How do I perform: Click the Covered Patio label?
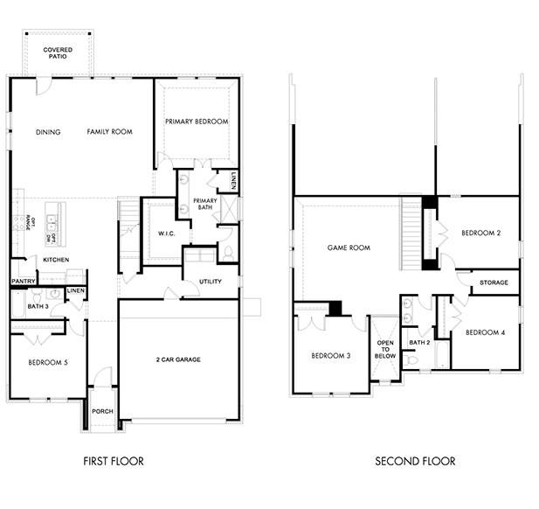click(x=59, y=54)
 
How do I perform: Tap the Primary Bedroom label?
click(x=197, y=122)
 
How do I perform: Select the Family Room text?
click(x=109, y=132)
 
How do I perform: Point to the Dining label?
click(x=48, y=132)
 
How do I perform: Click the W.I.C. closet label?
click(x=167, y=234)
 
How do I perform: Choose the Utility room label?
click(x=210, y=282)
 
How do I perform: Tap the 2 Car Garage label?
click(x=178, y=359)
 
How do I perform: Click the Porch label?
click(x=102, y=410)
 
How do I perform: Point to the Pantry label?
click(x=23, y=281)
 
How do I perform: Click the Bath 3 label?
click(x=37, y=307)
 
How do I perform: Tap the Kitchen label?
click(x=56, y=260)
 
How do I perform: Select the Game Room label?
click(x=349, y=248)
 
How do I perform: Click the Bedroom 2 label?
click(x=481, y=233)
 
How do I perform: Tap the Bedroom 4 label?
click(x=484, y=332)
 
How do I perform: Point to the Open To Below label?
click(x=385, y=349)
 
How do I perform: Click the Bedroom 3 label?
click(x=330, y=355)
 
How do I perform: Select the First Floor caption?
click(x=113, y=461)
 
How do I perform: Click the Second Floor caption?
click(x=415, y=461)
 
